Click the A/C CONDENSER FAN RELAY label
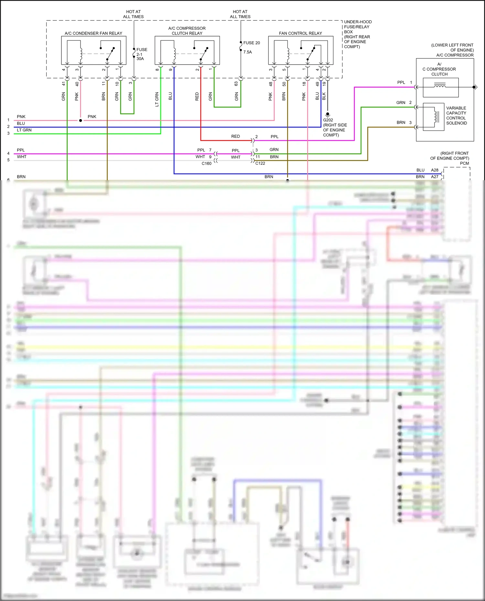click(93, 33)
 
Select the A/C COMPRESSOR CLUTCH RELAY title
click(187, 31)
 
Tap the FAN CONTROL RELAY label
click(300, 33)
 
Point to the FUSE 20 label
click(252, 43)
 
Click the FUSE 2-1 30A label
click(141, 54)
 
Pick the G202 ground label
click(328, 120)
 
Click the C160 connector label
click(206, 163)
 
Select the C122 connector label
click(260, 163)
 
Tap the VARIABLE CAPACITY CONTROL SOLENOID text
click(456, 116)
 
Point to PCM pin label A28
click(435, 170)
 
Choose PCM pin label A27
click(435, 177)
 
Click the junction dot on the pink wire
click(81, 120)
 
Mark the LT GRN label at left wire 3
click(24, 130)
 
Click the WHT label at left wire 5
click(22, 157)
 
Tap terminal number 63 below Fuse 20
click(236, 84)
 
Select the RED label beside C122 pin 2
click(235, 137)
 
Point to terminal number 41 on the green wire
click(64, 84)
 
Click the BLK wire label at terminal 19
click(324, 96)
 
